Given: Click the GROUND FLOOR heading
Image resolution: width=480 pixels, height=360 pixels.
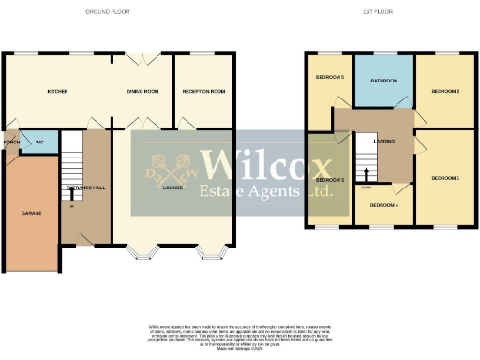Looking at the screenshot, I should point(107,12).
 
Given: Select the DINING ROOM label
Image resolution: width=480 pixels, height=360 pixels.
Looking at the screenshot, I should point(142,92).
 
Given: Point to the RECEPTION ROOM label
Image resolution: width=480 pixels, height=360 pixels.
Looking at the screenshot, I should point(204,92).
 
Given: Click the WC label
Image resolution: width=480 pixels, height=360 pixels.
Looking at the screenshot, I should point(38,142).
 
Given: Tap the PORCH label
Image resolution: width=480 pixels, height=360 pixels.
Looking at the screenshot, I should point(12,142).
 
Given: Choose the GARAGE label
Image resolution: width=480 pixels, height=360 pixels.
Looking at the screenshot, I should point(31,214).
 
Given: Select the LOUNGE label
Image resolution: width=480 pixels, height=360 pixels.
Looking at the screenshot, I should point(172,188).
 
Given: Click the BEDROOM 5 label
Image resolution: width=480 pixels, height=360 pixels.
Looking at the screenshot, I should point(329,77).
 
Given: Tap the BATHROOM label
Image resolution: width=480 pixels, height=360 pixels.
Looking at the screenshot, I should point(384,82).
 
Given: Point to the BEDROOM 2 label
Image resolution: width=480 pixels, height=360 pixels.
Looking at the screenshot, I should point(444,92).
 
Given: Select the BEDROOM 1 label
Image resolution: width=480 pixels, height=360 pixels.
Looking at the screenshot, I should point(445,177).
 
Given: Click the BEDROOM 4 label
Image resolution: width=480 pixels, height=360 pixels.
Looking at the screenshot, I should point(384,204).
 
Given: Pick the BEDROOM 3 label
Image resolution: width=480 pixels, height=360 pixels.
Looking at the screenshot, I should point(330,179).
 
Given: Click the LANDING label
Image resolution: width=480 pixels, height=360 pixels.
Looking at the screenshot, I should point(384,142).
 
